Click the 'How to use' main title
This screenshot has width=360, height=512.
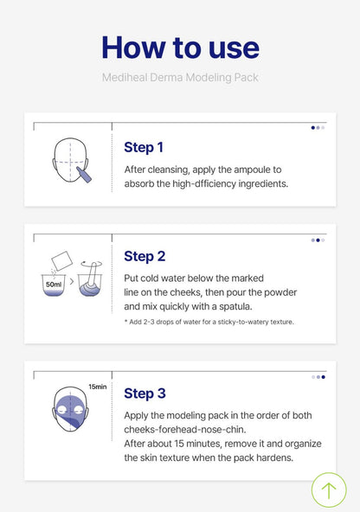click(x=180, y=48)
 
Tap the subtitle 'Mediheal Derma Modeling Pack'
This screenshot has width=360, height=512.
click(x=180, y=78)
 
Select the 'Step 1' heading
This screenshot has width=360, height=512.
click(x=144, y=147)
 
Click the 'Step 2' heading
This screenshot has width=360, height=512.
click(x=145, y=256)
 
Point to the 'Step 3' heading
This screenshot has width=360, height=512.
click(x=145, y=394)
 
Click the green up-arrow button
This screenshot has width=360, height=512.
click(x=329, y=490)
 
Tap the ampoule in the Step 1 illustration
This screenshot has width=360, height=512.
click(x=84, y=175)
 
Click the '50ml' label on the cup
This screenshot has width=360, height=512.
click(x=54, y=285)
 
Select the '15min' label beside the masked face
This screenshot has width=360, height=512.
click(x=97, y=387)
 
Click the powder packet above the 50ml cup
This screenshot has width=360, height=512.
click(x=62, y=260)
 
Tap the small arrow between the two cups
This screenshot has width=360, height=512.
click(x=72, y=281)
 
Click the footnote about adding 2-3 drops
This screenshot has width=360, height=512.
click(x=209, y=322)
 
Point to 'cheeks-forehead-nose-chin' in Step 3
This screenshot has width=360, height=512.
click(x=185, y=429)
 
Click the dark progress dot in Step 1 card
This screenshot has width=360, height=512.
click(x=313, y=128)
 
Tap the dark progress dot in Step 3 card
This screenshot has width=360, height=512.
click(x=323, y=377)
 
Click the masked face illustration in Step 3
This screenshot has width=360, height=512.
click(x=71, y=409)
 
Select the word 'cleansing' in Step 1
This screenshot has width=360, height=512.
click(x=168, y=170)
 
